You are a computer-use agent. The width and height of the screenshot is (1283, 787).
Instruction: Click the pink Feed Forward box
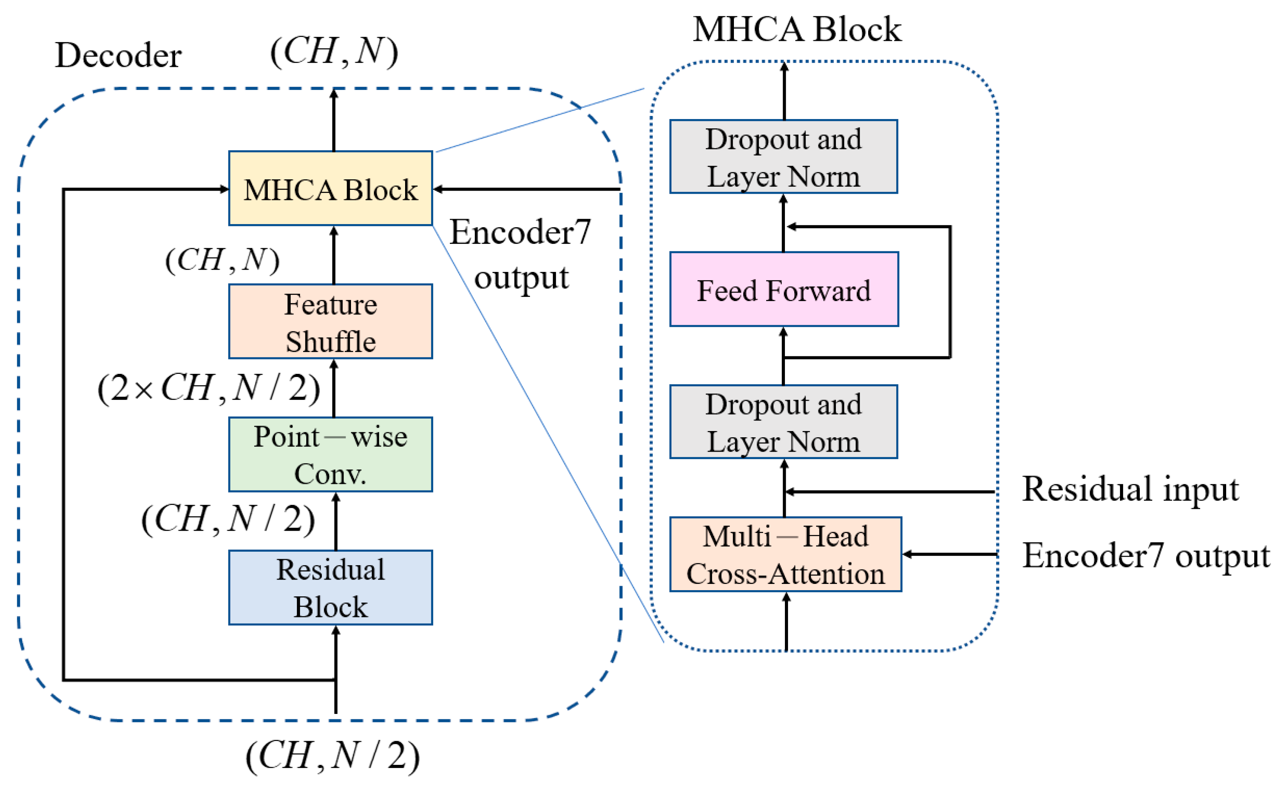pos(784,289)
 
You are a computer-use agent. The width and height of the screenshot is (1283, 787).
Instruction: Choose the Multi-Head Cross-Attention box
pos(785,554)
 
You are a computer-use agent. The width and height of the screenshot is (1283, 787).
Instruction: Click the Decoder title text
pos(118,55)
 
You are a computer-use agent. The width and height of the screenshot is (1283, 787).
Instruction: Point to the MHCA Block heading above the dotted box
pos(797,29)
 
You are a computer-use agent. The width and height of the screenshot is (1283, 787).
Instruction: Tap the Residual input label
pos(1130,489)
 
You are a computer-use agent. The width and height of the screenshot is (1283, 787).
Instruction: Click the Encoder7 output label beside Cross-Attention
pos(1146,556)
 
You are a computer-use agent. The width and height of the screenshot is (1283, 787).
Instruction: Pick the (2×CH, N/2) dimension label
pos(208,388)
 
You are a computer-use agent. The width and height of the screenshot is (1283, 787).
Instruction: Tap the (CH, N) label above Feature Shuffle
pos(222,259)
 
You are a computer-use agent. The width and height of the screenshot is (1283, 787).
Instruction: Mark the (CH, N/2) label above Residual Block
pos(228,519)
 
